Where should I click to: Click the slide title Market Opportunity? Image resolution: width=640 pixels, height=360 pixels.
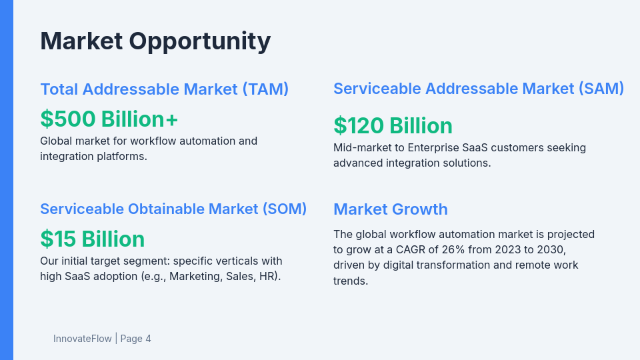(155, 41)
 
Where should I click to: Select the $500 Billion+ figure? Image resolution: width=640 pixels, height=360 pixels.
(109, 119)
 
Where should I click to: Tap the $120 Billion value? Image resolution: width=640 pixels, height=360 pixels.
(393, 125)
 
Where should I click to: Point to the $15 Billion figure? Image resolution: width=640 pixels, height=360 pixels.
(92, 239)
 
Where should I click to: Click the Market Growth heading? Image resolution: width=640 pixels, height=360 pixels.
(390, 209)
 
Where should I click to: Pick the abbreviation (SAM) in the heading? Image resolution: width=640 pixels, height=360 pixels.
(601, 89)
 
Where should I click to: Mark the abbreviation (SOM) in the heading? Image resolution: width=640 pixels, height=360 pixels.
(283, 209)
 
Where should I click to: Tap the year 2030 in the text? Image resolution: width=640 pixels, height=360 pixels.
(552, 249)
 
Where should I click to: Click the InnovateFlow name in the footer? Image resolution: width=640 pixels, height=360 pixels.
(82, 339)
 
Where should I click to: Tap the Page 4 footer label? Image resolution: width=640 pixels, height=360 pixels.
(136, 339)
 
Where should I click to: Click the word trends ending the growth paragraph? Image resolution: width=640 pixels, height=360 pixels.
(351, 281)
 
